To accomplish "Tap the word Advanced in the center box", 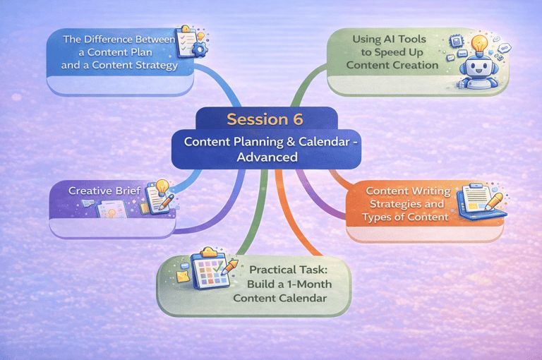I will pos(267,157).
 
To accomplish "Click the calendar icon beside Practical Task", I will pos(211,270).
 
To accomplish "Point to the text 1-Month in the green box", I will pos(306,284).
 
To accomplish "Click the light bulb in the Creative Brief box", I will pos(162,188).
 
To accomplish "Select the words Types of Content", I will pos(405,217).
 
